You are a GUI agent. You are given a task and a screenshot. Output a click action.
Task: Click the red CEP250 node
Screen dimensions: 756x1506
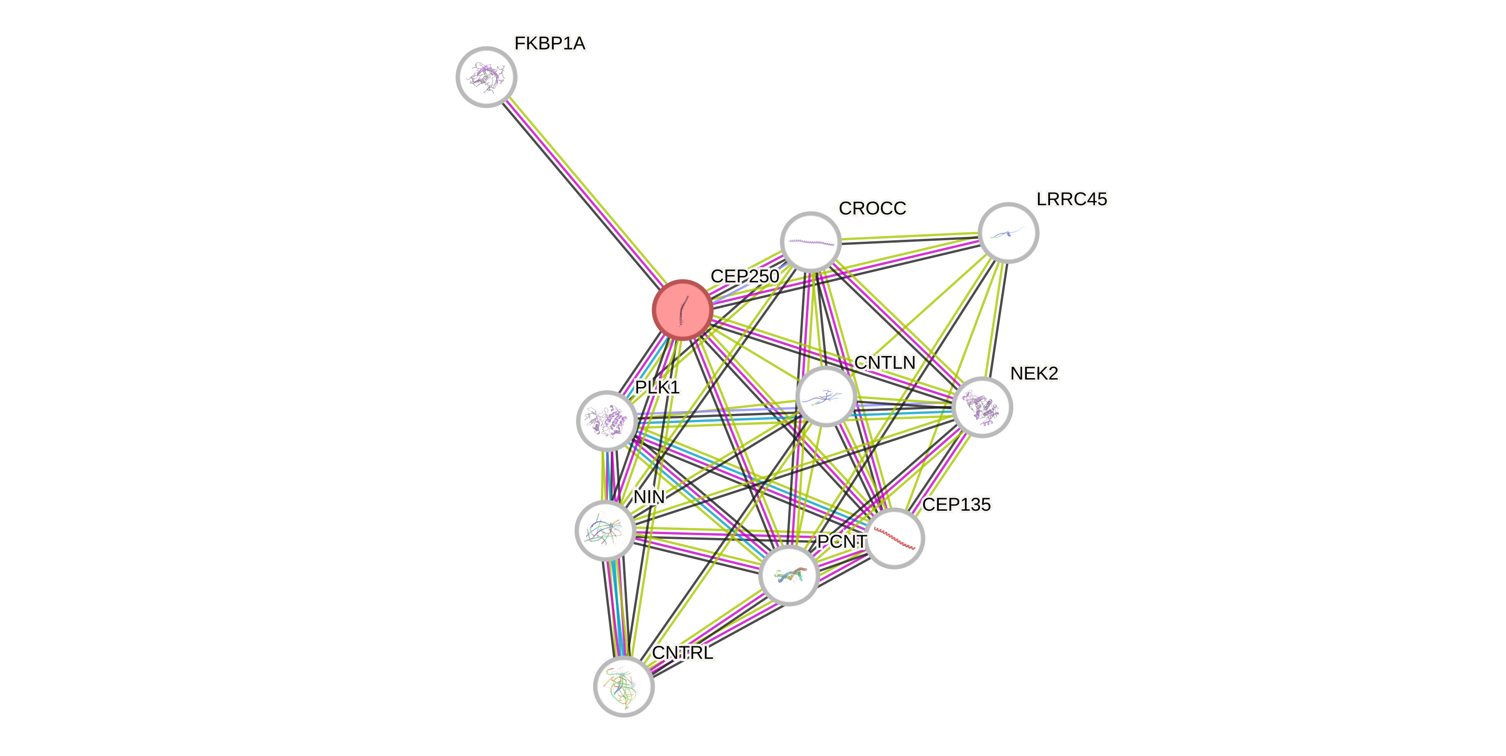tap(682, 310)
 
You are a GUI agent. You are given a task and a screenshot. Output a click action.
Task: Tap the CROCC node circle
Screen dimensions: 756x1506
tap(810, 241)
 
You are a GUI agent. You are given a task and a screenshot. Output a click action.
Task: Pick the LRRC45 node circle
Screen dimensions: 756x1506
tap(1008, 232)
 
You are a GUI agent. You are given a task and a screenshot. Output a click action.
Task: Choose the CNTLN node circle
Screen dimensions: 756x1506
tap(825, 396)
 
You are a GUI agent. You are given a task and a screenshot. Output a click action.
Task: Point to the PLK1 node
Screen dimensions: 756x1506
tap(607, 421)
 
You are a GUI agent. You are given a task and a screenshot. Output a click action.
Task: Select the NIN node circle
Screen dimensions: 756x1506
tap(605, 530)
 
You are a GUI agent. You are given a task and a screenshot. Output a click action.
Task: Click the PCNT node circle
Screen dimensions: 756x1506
tap(789, 575)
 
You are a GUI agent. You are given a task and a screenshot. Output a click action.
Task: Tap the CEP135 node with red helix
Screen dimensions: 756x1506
tap(894, 538)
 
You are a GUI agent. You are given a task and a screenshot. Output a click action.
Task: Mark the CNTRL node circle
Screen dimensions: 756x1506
tap(623, 686)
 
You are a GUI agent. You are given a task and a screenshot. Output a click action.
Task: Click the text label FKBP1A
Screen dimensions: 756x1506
tap(550, 43)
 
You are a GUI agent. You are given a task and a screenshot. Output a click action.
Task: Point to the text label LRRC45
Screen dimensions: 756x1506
tap(1071, 199)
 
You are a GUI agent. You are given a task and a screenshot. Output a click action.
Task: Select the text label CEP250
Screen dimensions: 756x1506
tap(744, 276)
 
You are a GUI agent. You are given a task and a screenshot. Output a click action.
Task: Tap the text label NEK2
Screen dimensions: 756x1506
tap(1034, 373)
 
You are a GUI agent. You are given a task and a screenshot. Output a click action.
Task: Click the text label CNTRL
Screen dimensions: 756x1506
tap(682, 652)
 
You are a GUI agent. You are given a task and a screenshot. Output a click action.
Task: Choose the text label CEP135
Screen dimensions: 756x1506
tap(956, 504)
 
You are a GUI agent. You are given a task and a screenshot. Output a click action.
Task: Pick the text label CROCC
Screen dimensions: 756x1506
tap(872, 208)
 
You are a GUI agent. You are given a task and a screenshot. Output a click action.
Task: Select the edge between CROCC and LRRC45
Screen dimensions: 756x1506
tap(910, 237)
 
